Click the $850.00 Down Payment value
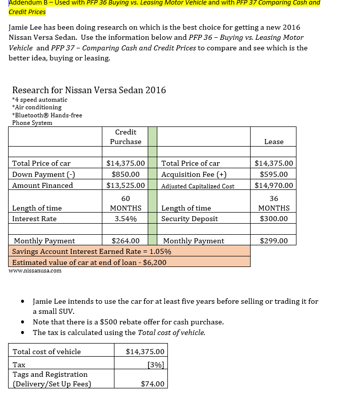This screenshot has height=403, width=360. [x=126, y=174]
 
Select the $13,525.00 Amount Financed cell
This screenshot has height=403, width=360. [x=126, y=185]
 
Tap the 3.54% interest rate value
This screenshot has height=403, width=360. [x=126, y=219]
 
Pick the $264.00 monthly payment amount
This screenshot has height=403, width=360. [x=126, y=241]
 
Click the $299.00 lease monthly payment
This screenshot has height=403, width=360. [x=274, y=241]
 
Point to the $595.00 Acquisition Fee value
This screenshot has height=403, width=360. [x=274, y=174]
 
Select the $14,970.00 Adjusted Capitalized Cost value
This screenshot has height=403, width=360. [x=274, y=185]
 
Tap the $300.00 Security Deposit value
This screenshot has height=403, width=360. [x=274, y=219]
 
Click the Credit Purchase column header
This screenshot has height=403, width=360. [x=126, y=137]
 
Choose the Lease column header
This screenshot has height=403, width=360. [x=274, y=142]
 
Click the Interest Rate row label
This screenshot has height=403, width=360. [x=34, y=219]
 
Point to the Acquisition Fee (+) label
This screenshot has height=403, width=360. [x=194, y=174]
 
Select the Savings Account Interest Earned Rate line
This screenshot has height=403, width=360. [x=92, y=251]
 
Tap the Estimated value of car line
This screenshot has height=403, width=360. [x=89, y=262]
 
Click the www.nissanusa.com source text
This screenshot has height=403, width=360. [x=35, y=271]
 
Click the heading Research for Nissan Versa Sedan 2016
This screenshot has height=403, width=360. [x=89, y=91]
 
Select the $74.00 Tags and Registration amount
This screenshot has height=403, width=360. [x=153, y=384]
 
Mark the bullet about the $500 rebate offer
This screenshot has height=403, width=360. [x=128, y=322]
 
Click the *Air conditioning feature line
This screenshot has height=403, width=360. [x=36, y=107]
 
